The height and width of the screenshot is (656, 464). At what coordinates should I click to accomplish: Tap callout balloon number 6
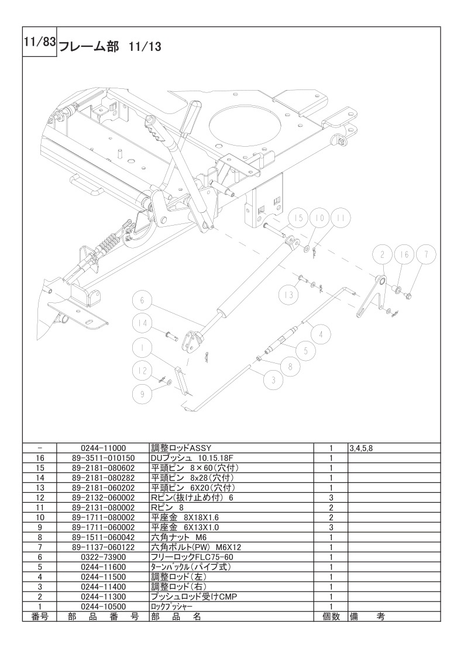click(142, 301)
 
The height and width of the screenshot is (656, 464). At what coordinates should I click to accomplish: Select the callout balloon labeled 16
click(402, 254)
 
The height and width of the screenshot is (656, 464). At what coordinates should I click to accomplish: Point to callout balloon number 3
click(271, 380)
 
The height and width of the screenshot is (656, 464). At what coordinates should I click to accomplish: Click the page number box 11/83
click(39, 42)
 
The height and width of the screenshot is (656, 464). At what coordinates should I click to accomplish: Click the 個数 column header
click(331, 616)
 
